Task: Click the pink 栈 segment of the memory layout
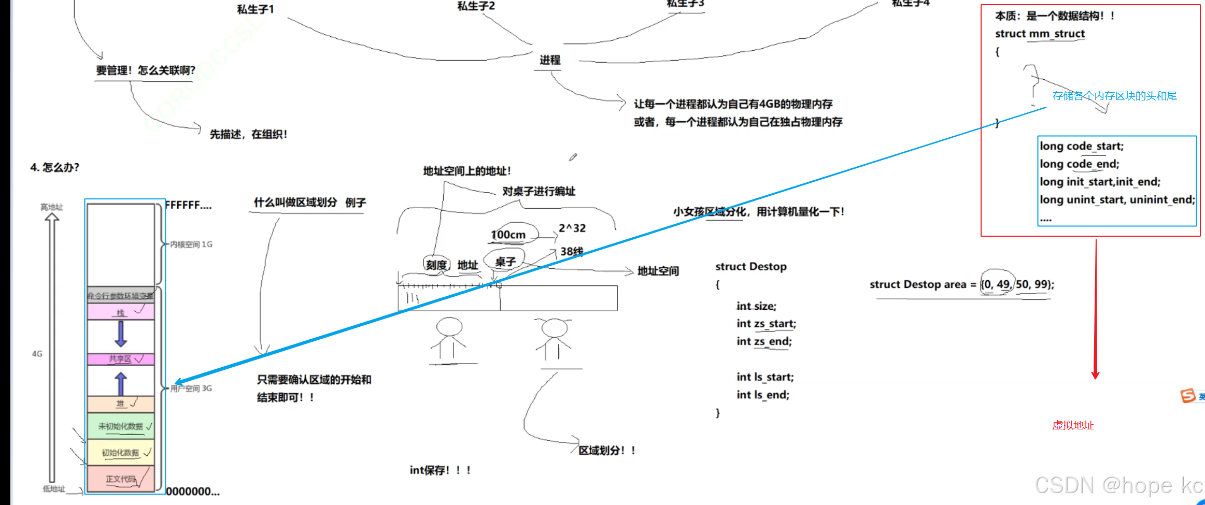click(121, 312)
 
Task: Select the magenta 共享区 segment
click(121, 359)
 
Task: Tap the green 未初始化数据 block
click(121, 426)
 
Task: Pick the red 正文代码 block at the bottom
click(121, 479)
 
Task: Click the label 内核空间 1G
click(191, 244)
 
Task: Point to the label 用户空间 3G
click(191, 388)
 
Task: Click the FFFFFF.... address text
click(188, 206)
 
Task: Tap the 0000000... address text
click(193, 492)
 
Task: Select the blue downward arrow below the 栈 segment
click(121, 334)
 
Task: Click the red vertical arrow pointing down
click(1095, 311)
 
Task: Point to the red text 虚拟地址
click(1073, 426)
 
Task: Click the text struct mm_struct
click(1040, 34)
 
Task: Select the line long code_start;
click(1082, 146)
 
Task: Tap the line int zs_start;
click(766, 324)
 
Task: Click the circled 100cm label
click(508, 235)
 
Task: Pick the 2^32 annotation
click(572, 228)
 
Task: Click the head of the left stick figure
click(449, 327)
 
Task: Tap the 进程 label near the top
click(550, 60)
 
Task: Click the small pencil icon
click(573, 157)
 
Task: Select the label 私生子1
click(256, 9)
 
